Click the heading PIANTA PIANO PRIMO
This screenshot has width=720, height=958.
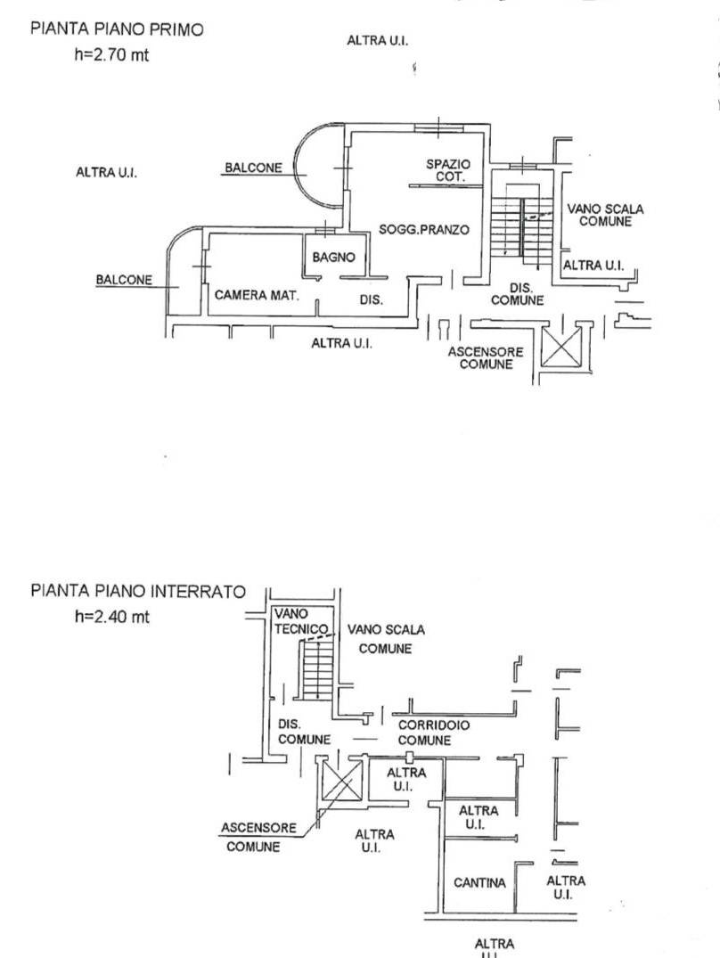[x=117, y=29]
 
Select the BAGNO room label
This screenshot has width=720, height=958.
[x=333, y=258]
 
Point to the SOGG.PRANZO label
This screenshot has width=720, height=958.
[x=423, y=230]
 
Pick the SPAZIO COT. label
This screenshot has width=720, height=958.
[x=447, y=170]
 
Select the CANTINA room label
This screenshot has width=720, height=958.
[x=479, y=883]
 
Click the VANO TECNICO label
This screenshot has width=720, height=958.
[x=295, y=620]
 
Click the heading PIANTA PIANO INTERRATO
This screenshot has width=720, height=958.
[x=137, y=592]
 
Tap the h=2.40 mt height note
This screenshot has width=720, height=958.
[x=112, y=618]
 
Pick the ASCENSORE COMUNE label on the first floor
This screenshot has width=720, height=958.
[x=486, y=358]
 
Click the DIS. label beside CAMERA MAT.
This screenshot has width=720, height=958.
[x=371, y=300]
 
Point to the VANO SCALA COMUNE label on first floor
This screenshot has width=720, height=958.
[x=605, y=215]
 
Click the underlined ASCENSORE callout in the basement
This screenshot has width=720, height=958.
[x=258, y=827]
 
